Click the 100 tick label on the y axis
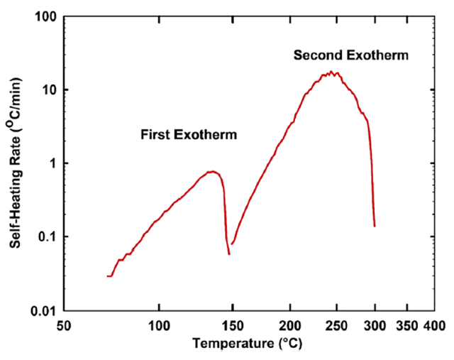(44, 16)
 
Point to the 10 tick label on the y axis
(48, 89)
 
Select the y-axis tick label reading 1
(51, 163)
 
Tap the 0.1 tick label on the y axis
(45, 236)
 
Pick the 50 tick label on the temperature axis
(63, 327)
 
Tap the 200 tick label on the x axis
(290, 327)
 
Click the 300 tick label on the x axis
(373, 327)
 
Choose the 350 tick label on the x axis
(406, 327)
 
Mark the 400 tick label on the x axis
(430, 327)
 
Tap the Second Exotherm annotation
(351, 55)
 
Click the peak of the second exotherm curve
(331, 72)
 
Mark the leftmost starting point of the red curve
(108, 276)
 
